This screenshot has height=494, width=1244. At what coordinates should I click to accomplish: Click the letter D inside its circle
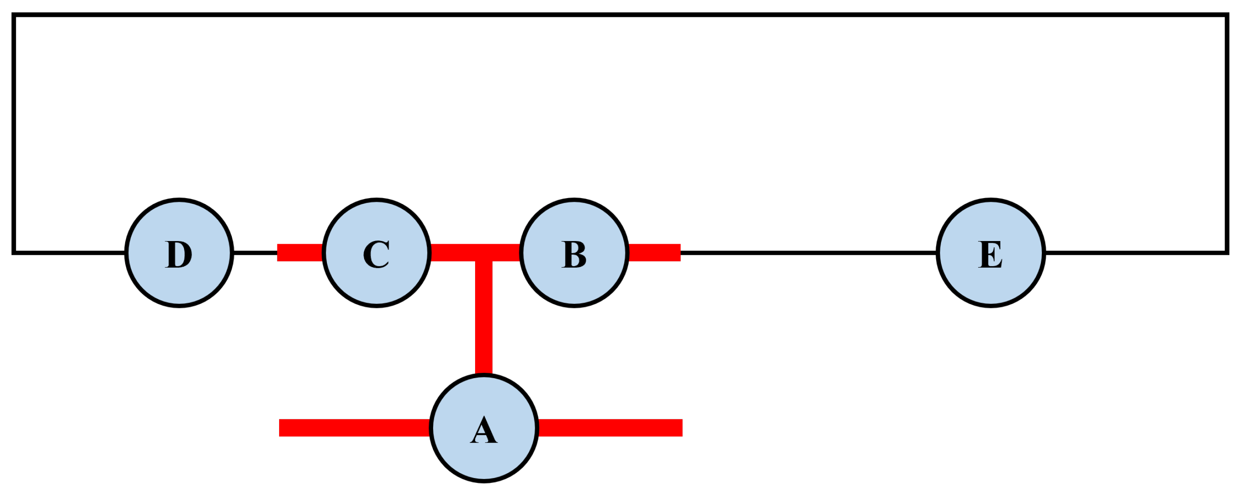coord(179,254)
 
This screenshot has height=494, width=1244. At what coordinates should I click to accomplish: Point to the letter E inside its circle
coord(991,254)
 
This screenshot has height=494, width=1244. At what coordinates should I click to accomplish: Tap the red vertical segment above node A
coord(484,319)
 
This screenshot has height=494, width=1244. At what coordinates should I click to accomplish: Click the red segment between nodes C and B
coord(454,253)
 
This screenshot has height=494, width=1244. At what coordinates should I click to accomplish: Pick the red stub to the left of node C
coord(300,253)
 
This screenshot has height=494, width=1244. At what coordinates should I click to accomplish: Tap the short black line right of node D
coord(255,253)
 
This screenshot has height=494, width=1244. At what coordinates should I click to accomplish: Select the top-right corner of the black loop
coord(1227,15)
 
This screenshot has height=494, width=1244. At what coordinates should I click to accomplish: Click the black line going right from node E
coord(1135,253)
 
